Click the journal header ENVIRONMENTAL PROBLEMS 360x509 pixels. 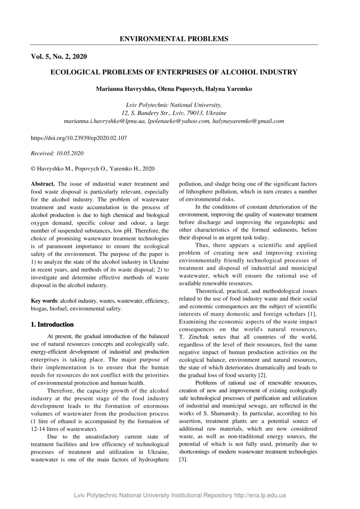pyautogui.click(x=174, y=39)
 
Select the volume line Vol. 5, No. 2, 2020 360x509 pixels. pyautogui.click(x=59, y=57)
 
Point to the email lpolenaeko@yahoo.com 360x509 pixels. pyautogui.click(x=179, y=121)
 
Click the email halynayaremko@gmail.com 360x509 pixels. pyautogui.click(x=248, y=121)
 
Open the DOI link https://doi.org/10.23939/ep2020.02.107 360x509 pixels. pyautogui.click(x=79, y=138)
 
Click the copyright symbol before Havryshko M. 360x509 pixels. pyautogui.click(x=33, y=169)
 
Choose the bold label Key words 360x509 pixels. pyautogui.click(x=44, y=301)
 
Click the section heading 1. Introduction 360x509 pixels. pyautogui.click(x=53, y=325)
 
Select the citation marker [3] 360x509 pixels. pyautogui.click(x=183, y=459)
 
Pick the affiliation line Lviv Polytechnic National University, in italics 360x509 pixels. pyautogui.click(x=174, y=105)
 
